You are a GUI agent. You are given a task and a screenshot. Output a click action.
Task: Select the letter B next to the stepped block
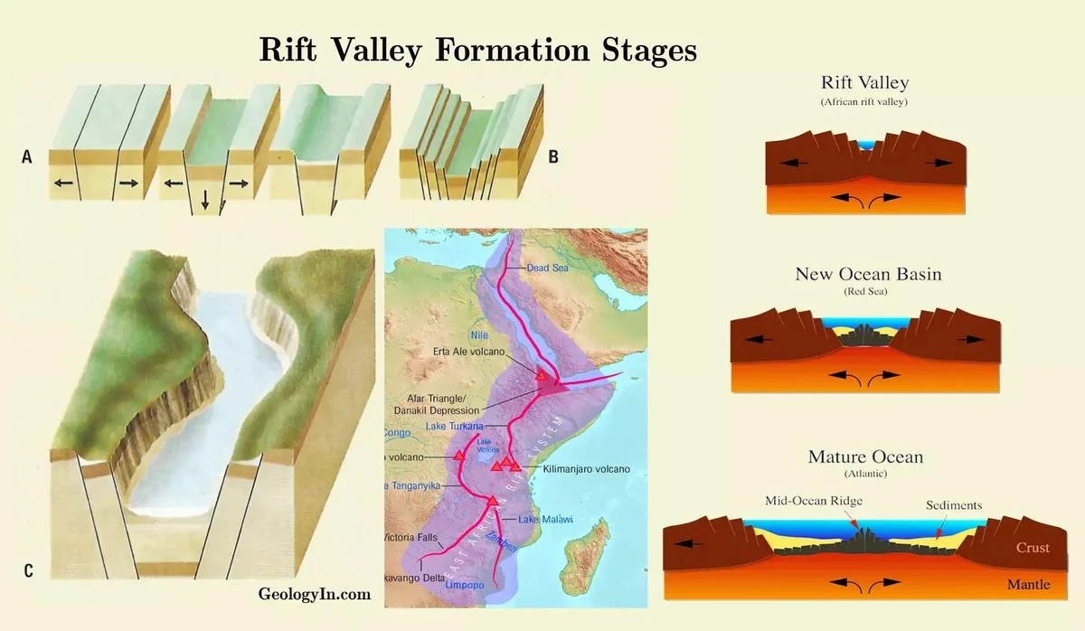553,156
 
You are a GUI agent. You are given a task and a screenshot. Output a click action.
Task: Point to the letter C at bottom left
28,570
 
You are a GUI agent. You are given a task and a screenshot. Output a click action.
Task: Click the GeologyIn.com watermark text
314,594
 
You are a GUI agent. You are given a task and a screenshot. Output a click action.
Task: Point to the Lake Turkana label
453,426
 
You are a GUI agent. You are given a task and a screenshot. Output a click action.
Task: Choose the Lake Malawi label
546,519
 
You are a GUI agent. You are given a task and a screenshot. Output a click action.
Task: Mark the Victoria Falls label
412,537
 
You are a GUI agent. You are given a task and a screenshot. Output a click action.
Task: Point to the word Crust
1033,548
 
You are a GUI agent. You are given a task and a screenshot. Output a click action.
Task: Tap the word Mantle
1029,585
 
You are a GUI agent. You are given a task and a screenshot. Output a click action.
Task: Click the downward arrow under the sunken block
205,201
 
